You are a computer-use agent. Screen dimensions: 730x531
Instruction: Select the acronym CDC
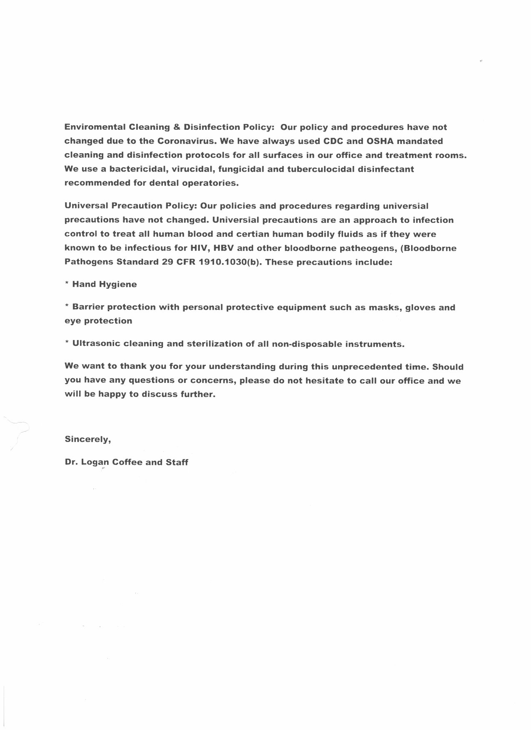[333, 141]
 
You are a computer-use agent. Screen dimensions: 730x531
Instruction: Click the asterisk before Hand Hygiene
[67, 284]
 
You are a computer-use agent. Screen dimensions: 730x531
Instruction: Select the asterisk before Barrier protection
[67, 307]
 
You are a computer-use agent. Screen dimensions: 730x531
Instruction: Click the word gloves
[419, 308]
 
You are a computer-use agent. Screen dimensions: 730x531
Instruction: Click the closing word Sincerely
[87, 439]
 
